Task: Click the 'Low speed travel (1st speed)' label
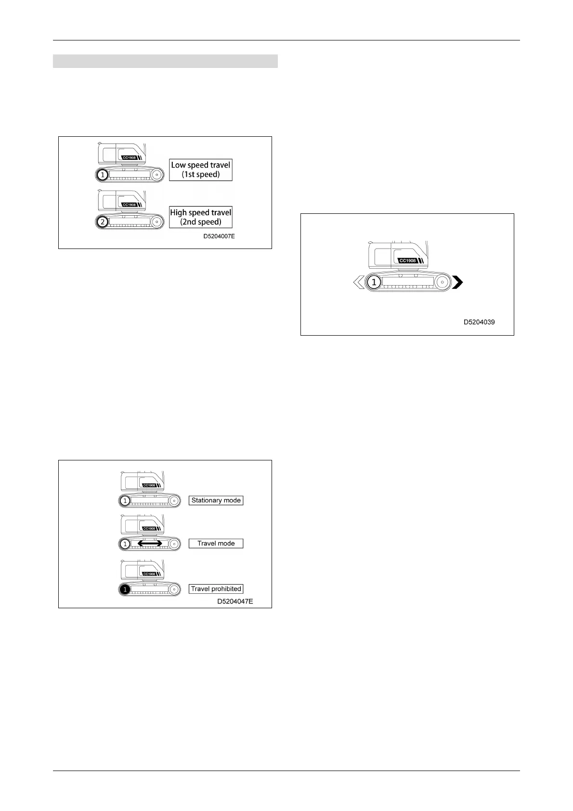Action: coord(201,170)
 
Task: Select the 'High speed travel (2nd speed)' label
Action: coord(201,217)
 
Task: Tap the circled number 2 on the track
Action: coord(102,222)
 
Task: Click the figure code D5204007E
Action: coord(219,236)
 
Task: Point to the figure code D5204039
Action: coord(479,322)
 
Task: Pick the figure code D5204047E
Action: coord(235,601)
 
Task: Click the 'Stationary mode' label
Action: coord(216,500)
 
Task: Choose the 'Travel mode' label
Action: coord(216,543)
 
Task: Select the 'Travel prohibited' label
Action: coord(216,589)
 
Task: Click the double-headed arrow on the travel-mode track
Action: coord(150,543)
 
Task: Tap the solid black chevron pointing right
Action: coord(457,282)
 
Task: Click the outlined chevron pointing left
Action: coord(358,282)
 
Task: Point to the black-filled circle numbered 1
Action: coord(125,589)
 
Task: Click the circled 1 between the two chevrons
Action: coord(374,282)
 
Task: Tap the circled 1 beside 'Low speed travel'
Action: coord(102,175)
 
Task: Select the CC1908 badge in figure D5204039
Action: coord(408,261)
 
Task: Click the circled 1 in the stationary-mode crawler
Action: coord(125,501)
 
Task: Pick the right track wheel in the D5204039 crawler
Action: coord(443,282)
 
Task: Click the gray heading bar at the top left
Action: coord(165,61)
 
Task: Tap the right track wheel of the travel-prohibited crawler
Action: coord(174,589)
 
